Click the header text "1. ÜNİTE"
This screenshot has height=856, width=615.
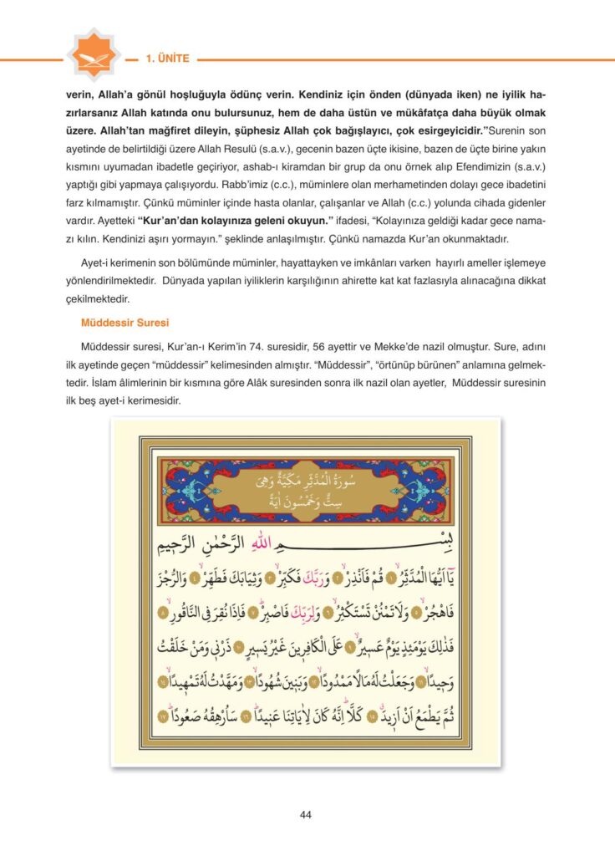[x=168, y=59]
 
